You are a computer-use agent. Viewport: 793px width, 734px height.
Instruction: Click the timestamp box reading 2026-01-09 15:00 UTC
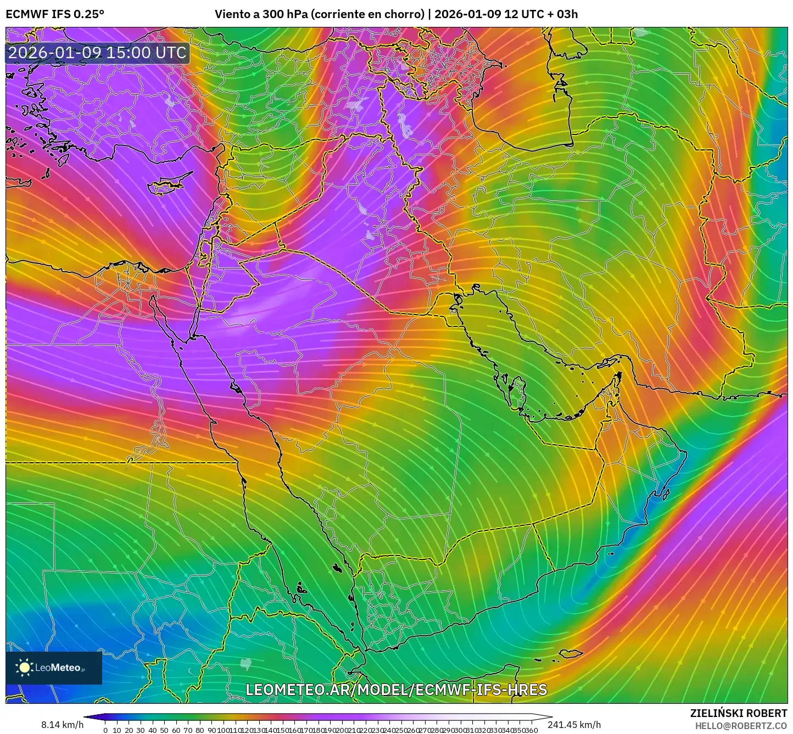(x=97, y=53)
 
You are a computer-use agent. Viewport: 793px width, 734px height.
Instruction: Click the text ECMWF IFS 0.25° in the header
(x=55, y=14)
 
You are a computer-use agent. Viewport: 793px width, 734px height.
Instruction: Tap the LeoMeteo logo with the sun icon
(x=54, y=668)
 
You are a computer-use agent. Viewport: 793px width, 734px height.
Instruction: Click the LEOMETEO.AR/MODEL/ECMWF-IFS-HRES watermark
(x=396, y=690)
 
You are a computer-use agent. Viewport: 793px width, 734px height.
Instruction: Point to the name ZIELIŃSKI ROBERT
(x=738, y=713)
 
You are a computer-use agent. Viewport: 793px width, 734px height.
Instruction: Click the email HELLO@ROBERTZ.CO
(x=741, y=726)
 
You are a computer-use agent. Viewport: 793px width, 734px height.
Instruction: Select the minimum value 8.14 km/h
(x=62, y=725)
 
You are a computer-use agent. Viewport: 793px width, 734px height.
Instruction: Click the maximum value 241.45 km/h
(x=574, y=725)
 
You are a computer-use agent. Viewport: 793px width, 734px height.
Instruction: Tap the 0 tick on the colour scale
(x=105, y=730)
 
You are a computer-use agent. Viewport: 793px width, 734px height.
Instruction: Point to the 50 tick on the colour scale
(x=164, y=730)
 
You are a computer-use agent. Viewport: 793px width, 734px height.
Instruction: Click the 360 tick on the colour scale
(x=531, y=730)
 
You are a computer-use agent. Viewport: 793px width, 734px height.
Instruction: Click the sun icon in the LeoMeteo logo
(x=25, y=668)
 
